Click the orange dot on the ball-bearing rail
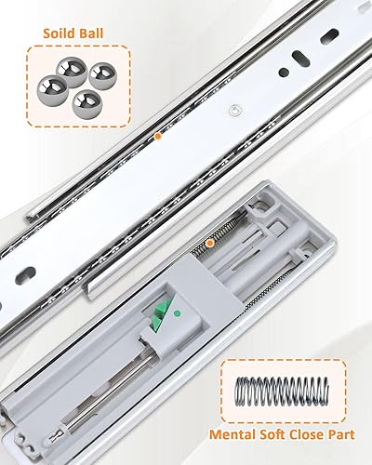pos(159,137)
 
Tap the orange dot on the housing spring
pos(210,244)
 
